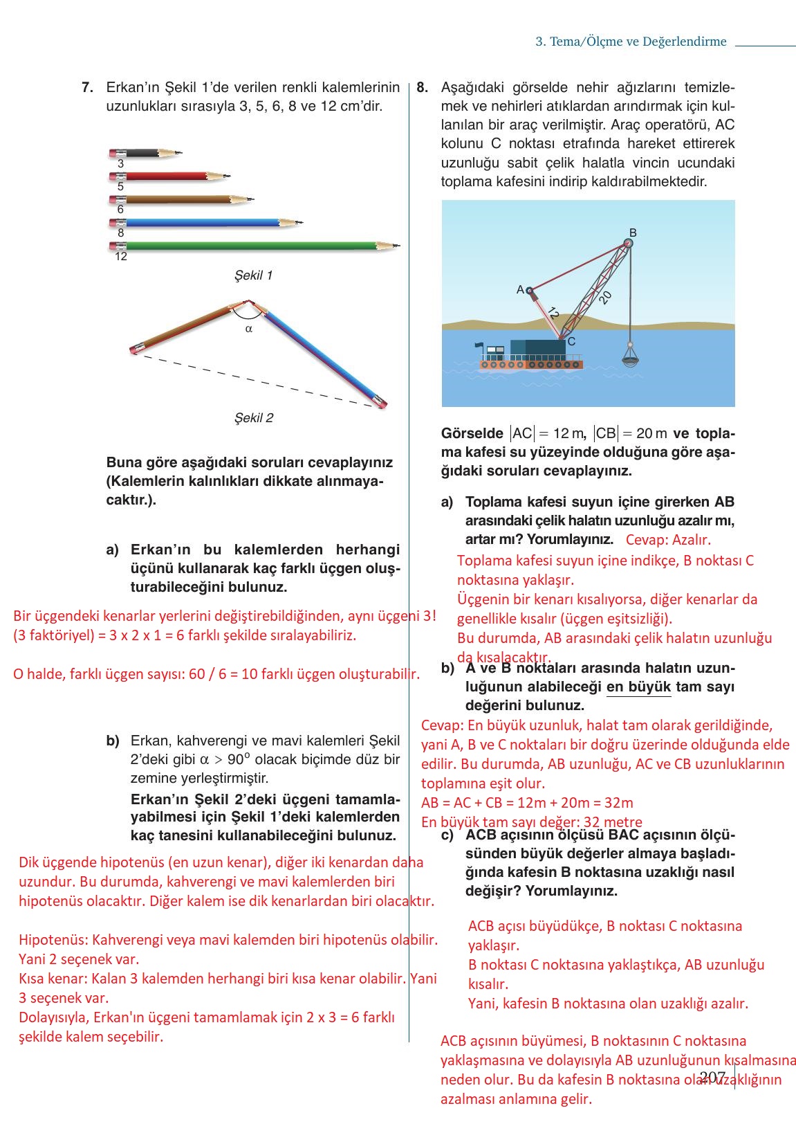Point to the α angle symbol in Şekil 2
click(x=249, y=329)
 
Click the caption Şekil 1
click(x=253, y=275)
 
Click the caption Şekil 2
click(x=253, y=418)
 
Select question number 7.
click(x=87, y=88)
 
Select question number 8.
click(x=423, y=88)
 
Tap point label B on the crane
click(x=633, y=233)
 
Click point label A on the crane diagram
click(x=520, y=289)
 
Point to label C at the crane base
click(x=571, y=341)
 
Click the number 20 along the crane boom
click(x=605, y=297)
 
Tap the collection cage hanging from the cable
click(x=630, y=356)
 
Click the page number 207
click(x=712, y=1078)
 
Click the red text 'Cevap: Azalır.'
click(x=668, y=540)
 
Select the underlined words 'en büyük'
click(x=638, y=687)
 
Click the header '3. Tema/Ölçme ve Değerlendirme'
click(x=631, y=42)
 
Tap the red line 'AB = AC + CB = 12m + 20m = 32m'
click(x=527, y=803)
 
